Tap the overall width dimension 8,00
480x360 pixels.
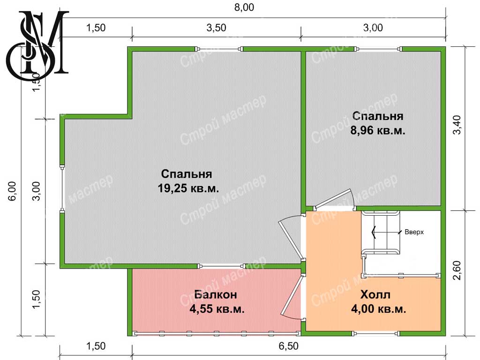pyautogui.click(x=244, y=7)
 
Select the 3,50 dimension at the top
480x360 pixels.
pyautogui.click(x=216, y=28)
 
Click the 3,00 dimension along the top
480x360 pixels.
pyautogui.click(x=373, y=28)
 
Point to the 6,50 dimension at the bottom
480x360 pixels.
pyautogui.click(x=288, y=346)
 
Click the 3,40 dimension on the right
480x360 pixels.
pyautogui.click(x=457, y=125)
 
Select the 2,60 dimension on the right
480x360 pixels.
pyautogui.click(x=457, y=270)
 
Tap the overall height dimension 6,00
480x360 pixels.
pyautogui.click(x=12, y=191)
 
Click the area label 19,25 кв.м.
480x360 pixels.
pyautogui.click(x=188, y=188)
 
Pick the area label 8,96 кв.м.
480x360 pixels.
pyautogui.click(x=378, y=130)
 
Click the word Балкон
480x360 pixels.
pyautogui.click(x=216, y=294)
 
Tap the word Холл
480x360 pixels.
pyautogui.click(x=375, y=294)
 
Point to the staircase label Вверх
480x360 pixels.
pyautogui.click(x=414, y=232)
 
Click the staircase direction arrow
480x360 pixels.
pyautogui.click(x=386, y=232)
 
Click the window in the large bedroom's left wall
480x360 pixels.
pyautogui.click(x=62, y=189)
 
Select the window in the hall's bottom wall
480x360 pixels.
pyautogui.click(x=376, y=333)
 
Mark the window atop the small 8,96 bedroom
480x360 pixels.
pyautogui.click(x=379, y=49)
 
